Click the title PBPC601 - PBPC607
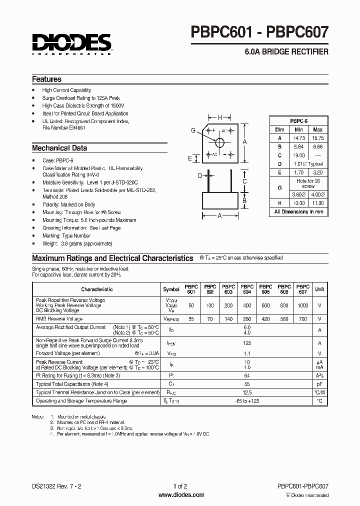[260, 33]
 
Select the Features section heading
[46, 79]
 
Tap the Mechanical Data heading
[59, 148]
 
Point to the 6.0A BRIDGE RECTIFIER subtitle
[286, 51]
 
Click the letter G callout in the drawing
[193, 130]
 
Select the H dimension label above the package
[220, 118]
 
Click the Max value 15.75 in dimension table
[317, 138]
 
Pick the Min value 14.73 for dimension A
[298, 138]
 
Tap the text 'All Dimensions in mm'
[298, 212]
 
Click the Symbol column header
[171, 289]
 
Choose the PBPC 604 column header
[246, 289]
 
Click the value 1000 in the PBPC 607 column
[303, 305]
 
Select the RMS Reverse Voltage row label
[59, 318]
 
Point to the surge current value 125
[246, 343]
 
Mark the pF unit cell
[319, 384]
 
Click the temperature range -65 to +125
[246, 401]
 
